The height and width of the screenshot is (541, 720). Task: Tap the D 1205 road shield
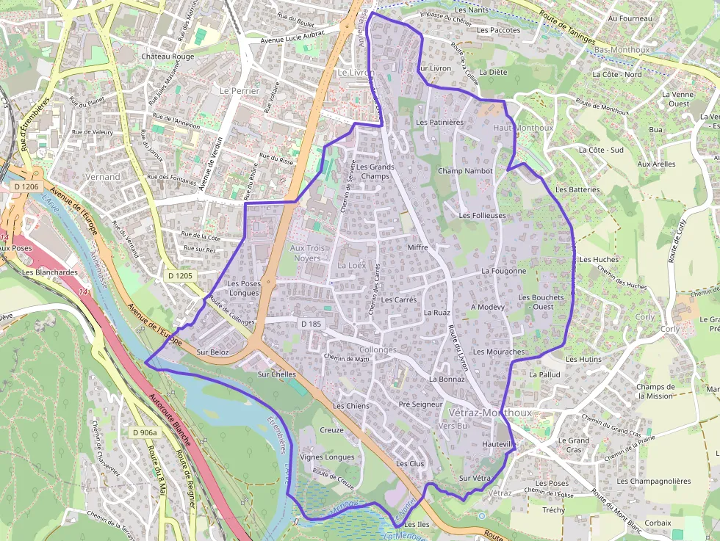tap(180, 275)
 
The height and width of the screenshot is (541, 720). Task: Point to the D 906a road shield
tap(145, 433)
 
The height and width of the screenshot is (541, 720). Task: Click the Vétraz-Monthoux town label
tap(489, 413)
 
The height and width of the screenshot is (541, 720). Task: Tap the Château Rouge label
tap(168, 57)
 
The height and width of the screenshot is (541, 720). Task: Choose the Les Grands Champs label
tap(375, 171)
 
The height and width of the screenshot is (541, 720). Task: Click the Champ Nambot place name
tap(465, 171)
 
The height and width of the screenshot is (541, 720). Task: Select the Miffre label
tap(417, 248)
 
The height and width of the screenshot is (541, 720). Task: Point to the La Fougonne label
tap(504, 271)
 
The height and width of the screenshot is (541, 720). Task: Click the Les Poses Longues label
tap(243, 288)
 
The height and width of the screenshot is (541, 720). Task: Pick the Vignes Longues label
tap(328, 457)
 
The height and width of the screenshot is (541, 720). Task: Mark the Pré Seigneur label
tap(420, 404)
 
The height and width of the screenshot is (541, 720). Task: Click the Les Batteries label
tap(577, 189)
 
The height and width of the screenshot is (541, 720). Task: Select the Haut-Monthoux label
tap(523, 128)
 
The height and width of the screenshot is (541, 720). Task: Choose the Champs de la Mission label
tap(655, 391)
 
